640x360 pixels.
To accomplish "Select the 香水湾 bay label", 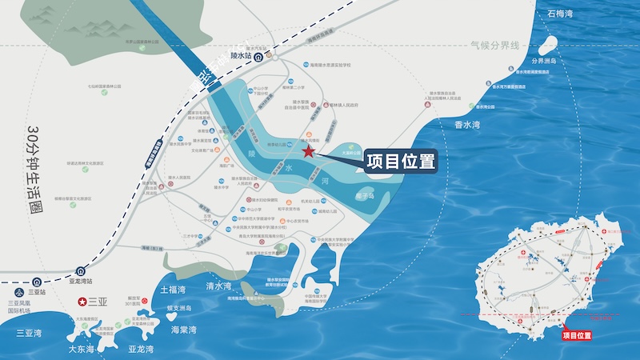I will [472, 125].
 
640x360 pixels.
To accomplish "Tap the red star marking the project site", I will [308, 151].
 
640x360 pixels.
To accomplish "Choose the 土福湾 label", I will [173, 289].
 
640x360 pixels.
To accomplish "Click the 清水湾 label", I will [218, 286].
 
